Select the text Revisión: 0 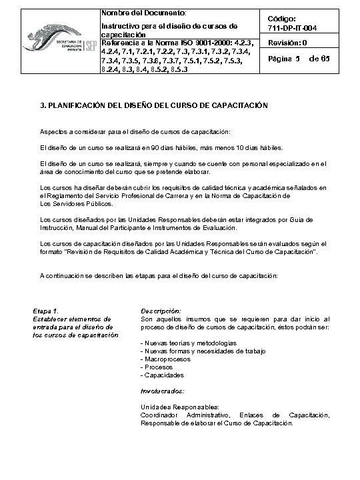287,43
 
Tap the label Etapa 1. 46,311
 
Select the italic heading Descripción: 161,311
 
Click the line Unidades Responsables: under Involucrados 179,407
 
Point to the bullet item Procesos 159,367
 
